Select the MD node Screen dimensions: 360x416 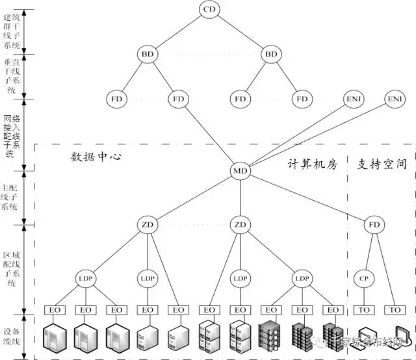pyautogui.click(x=240, y=171)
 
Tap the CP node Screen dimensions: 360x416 pyautogui.click(x=364, y=278)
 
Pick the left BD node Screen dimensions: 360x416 pyautogui.click(x=147, y=54)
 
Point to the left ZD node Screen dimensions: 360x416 pyautogui.click(x=147, y=225)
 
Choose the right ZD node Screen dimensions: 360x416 pyautogui.click(x=240, y=225)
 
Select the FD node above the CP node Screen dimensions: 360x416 pyautogui.click(x=374, y=225)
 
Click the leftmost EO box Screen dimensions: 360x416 pyautogui.click(x=55, y=310)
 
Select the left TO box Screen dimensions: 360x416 pyautogui.click(x=364, y=310)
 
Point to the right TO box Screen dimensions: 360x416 pyautogui.click(x=395, y=310)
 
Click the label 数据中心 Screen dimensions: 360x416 pyautogui.click(x=96, y=157)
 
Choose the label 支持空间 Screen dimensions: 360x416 pyautogui.click(x=382, y=164)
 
